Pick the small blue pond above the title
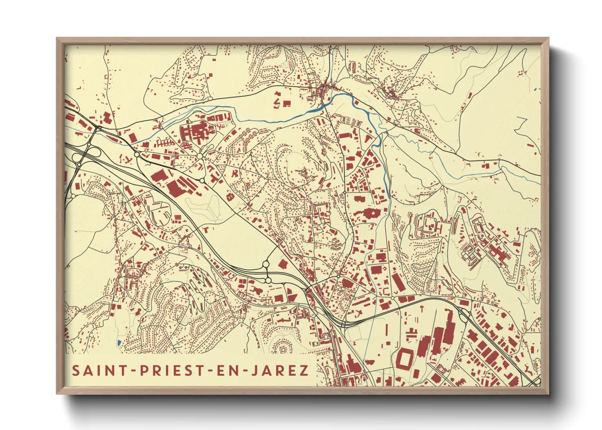[x=118, y=343]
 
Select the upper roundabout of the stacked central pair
[x=266, y=265]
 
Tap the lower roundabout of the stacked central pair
[x=268, y=280]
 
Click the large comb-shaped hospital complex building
[x=196, y=132]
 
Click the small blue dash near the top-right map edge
[x=535, y=89]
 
